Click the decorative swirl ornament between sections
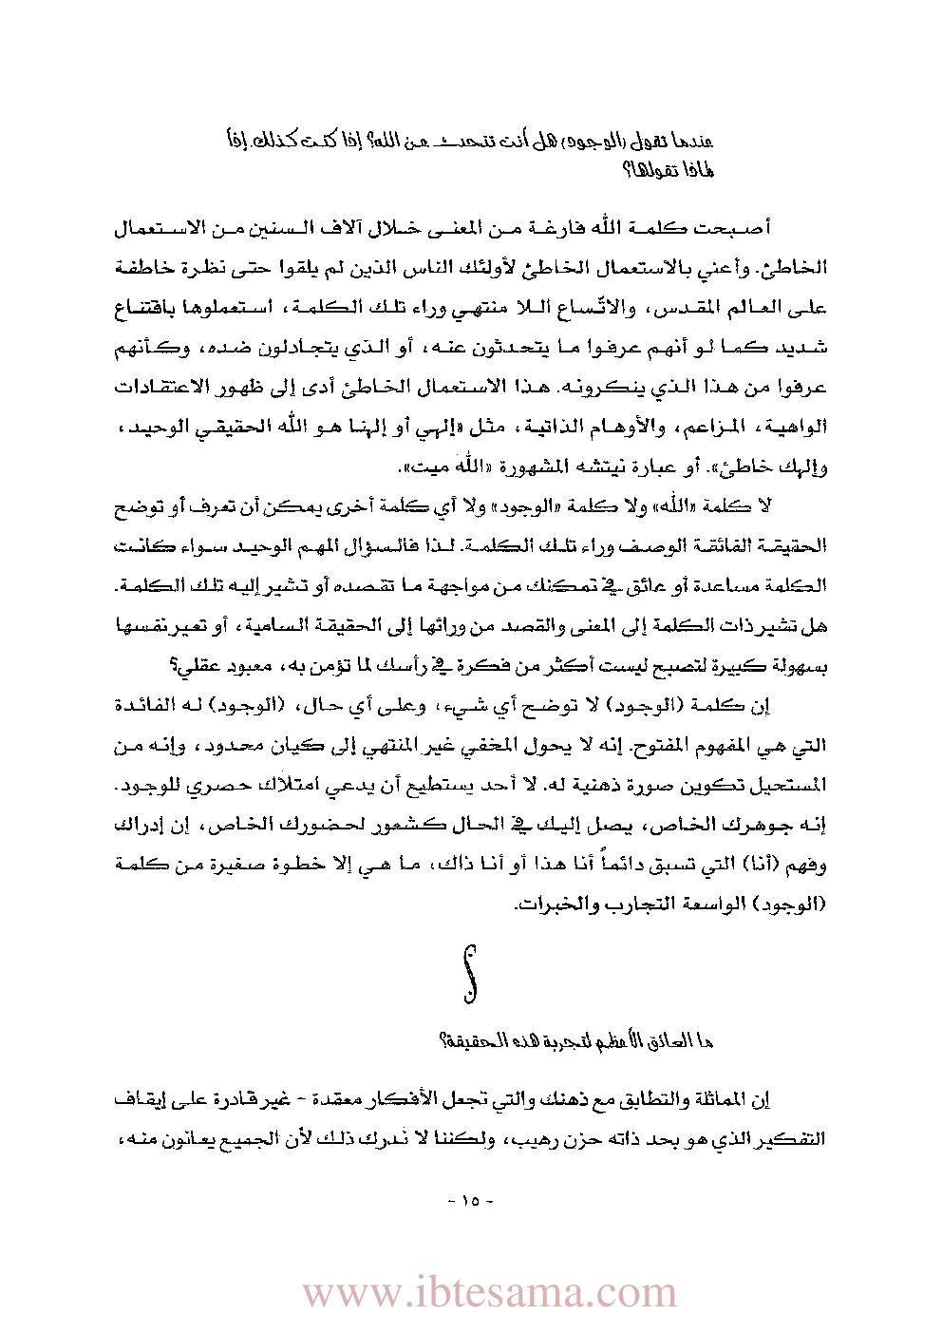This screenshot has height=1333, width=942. point(469,974)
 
